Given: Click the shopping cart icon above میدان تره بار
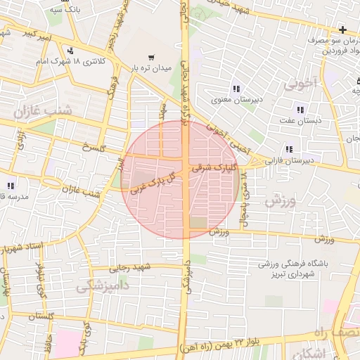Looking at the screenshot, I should pos(151,57).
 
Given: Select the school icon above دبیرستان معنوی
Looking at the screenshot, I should pos(236,89).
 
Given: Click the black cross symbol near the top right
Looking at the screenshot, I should pos(342,30).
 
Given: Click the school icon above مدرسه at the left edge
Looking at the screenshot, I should pos(11,186).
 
